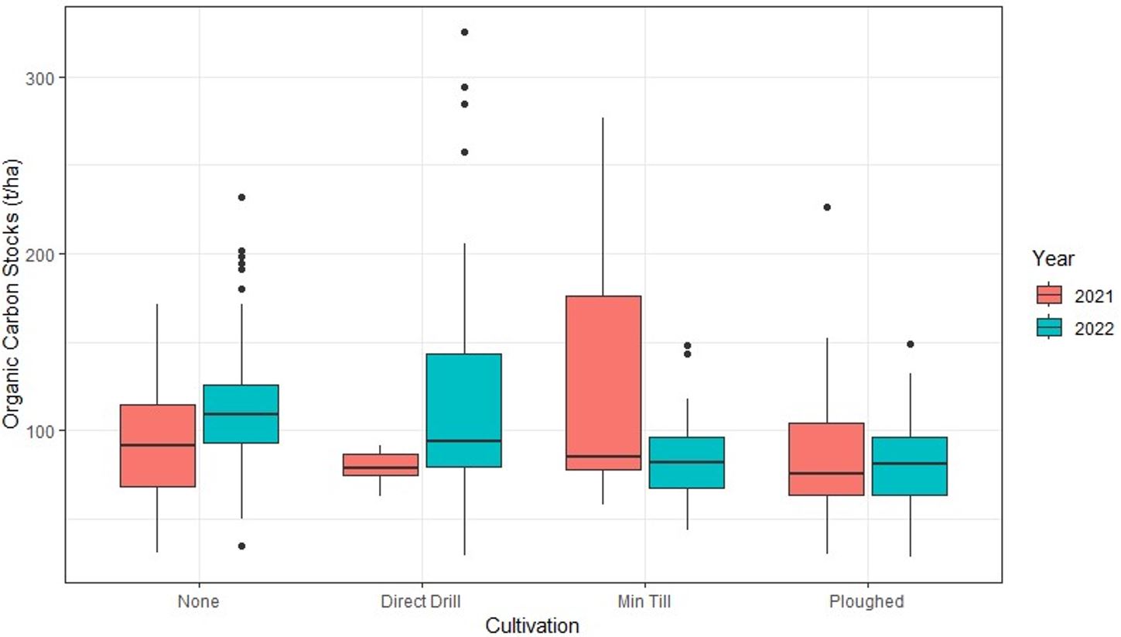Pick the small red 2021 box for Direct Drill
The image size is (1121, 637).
(x=381, y=464)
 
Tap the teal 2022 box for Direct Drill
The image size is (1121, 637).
(x=464, y=410)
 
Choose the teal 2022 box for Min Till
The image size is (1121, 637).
(x=687, y=462)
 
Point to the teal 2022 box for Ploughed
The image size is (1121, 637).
(x=910, y=465)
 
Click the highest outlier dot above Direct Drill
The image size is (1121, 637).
(x=464, y=32)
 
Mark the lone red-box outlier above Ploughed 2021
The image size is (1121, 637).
(x=826, y=207)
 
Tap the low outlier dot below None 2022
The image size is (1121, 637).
(x=241, y=546)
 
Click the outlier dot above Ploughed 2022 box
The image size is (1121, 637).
(x=910, y=344)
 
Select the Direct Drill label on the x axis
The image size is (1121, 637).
(x=422, y=601)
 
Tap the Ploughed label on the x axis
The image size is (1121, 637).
(x=867, y=601)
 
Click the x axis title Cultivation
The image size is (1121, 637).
(x=532, y=625)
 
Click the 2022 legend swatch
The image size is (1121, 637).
(x=1048, y=328)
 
